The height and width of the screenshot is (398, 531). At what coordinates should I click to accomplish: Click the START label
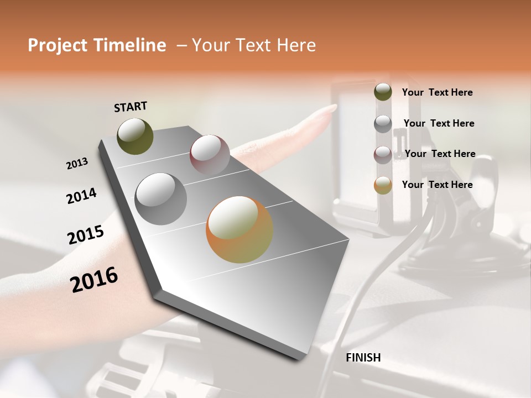pos(131,107)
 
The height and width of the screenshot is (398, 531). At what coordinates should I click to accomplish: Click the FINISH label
pos(363,358)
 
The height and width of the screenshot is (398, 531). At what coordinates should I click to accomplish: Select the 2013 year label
pos(77,163)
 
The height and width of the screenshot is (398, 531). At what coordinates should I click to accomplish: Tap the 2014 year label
pos(81,196)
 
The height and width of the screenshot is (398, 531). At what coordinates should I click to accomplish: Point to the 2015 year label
pos(86,235)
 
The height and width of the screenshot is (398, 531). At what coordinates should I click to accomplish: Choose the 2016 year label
pos(94,279)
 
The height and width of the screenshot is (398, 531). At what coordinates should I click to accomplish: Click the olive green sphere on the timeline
pos(135,136)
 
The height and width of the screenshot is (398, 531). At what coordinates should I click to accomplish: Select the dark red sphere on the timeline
pos(210,154)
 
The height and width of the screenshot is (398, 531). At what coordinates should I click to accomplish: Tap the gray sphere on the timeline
pos(160,198)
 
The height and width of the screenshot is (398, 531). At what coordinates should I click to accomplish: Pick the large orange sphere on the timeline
pos(240,229)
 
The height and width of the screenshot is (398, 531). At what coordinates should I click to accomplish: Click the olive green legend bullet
pos(383,92)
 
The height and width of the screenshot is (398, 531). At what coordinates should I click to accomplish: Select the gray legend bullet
pos(383,123)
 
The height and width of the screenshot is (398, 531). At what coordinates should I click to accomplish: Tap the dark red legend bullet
pos(383,154)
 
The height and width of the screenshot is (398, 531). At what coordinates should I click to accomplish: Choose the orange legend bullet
pos(383,185)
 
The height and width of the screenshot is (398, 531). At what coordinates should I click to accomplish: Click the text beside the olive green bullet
pos(437,92)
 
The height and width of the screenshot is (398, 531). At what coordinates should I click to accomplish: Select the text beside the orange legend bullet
pos(437,185)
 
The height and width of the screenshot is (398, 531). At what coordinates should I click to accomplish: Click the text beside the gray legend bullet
pos(439,123)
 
